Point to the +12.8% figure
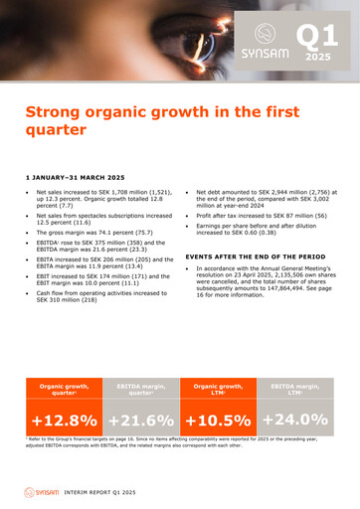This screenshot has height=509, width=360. [64, 421]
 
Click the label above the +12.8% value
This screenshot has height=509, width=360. [64, 388]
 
